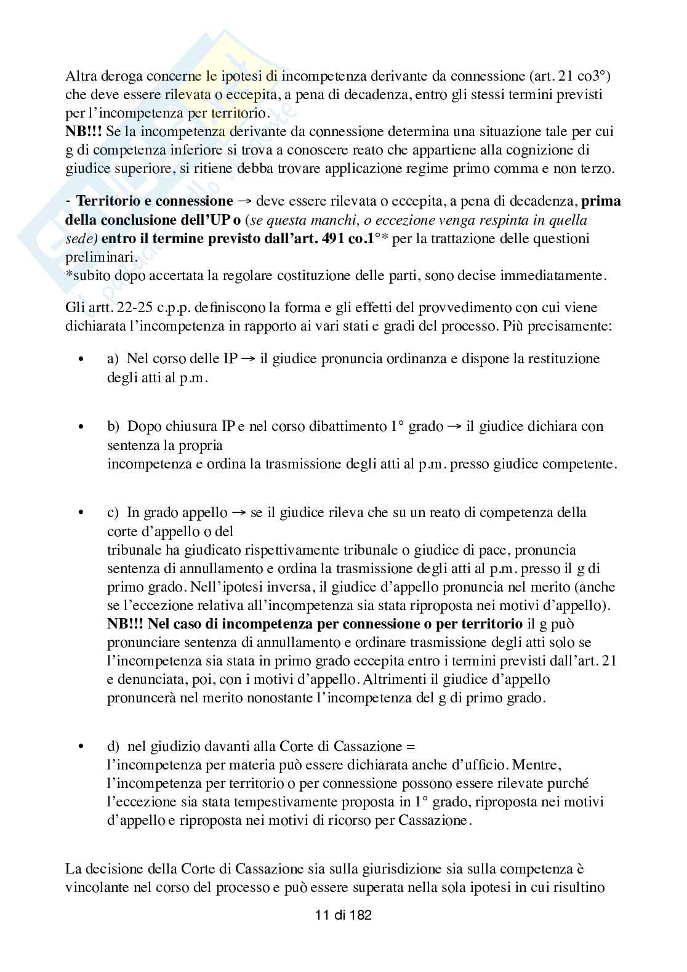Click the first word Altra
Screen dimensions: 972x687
(x=80, y=77)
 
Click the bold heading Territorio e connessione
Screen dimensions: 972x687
(x=155, y=201)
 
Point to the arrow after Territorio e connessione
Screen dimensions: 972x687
(x=244, y=202)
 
